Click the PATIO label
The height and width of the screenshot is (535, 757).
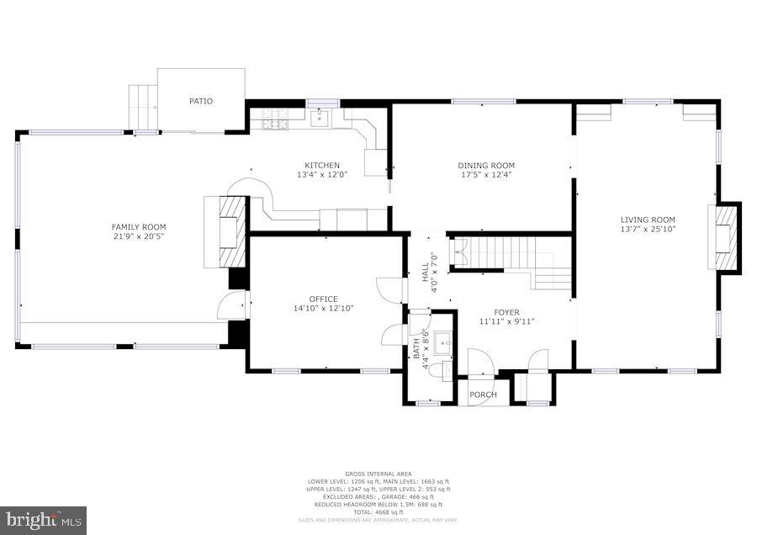(x=201, y=101)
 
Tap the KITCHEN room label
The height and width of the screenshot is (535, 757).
(x=322, y=165)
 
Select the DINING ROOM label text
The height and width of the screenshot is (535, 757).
(x=486, y=165)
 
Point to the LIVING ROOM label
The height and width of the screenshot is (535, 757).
(x=648, y=220)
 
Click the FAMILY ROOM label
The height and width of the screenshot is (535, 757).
(x=139, y=227)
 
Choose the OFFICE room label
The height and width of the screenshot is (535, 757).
(x=323, y=299)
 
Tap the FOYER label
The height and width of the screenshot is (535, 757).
(x=507, y=312)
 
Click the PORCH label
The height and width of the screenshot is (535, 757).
(x=483, y=395)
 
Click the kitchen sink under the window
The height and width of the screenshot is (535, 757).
(x=320, y=119)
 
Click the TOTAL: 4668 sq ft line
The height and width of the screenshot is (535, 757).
(x=378, y=512)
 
